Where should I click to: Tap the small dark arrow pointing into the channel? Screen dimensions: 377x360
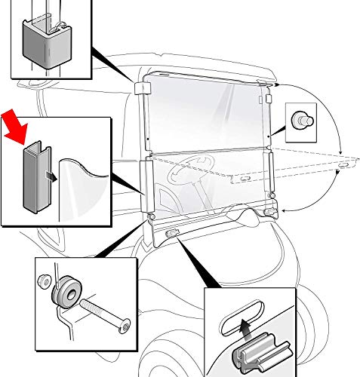(50, 176)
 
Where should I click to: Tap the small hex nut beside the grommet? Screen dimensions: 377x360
(44, 281)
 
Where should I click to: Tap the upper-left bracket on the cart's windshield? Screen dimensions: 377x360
(141, 88)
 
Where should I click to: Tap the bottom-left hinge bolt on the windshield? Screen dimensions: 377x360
(152, 218)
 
